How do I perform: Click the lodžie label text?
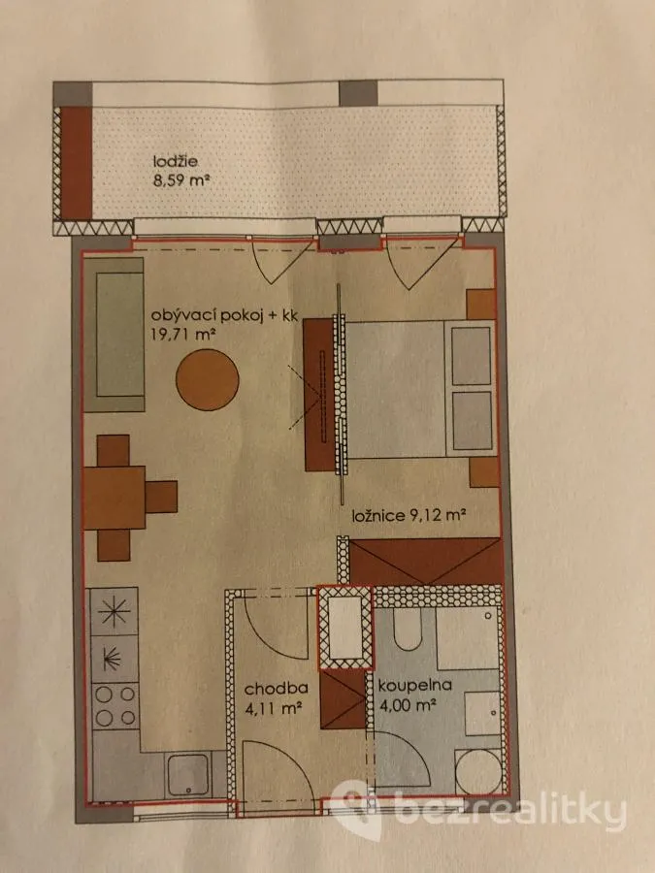[176, 162]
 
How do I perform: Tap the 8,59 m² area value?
[181, 180]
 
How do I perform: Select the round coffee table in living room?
[208, 379]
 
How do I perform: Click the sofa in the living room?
[114, 334]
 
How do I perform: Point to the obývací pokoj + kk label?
[225, 317]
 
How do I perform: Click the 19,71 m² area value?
[183, 335]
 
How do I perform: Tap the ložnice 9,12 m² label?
[409, 515]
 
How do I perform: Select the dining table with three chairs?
[130, 498]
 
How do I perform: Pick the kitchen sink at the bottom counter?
[188, 774]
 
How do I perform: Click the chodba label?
[277, 689]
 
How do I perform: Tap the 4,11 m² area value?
[273, 708]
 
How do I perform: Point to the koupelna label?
[414, 686]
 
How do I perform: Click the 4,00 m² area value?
[407, 705]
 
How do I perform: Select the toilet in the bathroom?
[408, 630]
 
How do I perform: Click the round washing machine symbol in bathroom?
[478, 771]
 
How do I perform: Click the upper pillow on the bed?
[472, 356]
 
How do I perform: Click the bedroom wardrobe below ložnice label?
[426, 562]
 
